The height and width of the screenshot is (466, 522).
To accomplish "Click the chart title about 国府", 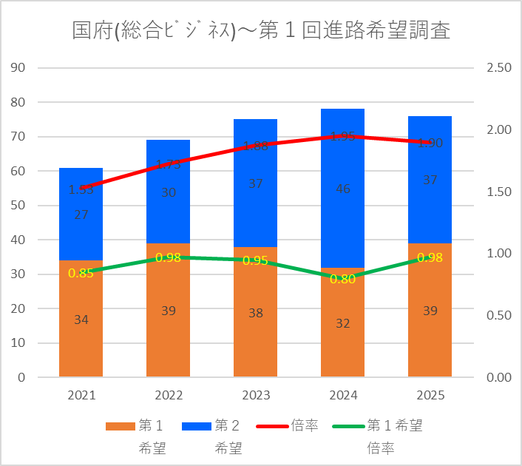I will click(x=261, y=31).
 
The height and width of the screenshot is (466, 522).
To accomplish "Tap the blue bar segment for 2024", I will click(x=342, y=215).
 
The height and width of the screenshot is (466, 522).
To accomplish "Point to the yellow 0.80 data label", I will click(x=342, y=280).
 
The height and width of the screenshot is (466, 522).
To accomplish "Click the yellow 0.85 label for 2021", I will click(x=81, y=273).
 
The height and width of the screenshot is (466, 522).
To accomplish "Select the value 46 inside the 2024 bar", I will click(x=342, y=189).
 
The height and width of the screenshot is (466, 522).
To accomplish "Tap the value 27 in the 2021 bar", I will click(x=81, y=215).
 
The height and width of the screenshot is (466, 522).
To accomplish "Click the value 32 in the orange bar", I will click(x=342, y=323).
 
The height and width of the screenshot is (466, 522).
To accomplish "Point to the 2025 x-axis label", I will click(x=430, y=396).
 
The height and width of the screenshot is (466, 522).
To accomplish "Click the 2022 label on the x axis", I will click(x=169, y=396).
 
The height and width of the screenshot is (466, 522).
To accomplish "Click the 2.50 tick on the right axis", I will click(x=499, y=68).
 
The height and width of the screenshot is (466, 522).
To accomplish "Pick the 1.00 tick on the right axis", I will click(x=499, y=254).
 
